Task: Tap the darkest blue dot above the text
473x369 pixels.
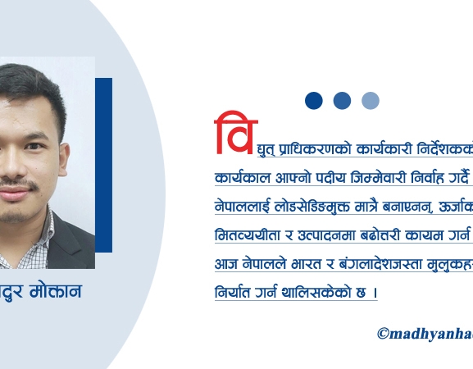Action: coord(313,100)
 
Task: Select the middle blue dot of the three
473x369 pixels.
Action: coord(342,100)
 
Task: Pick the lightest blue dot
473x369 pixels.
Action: coord(371,100)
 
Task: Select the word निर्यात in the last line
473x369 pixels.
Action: coord(234,292)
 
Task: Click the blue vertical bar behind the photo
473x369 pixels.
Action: coord(103,164)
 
